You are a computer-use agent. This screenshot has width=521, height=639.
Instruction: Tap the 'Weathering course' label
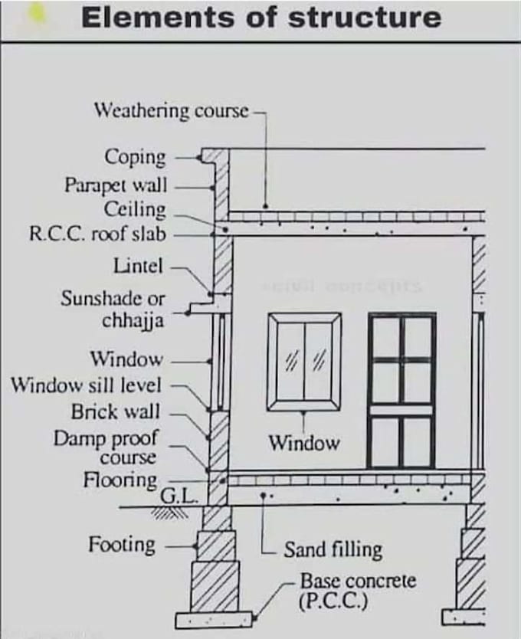point(171,110)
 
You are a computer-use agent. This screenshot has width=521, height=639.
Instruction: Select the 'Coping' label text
point(135,157)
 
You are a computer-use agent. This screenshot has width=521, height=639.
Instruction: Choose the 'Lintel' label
point(138,267)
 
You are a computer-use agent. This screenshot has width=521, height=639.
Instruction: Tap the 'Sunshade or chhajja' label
point(113,309)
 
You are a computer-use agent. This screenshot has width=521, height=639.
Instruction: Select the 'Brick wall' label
point(116,411)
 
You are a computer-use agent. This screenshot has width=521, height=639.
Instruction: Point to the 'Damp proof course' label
point(105,447)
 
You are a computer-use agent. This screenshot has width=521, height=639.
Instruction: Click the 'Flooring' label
point(120,480)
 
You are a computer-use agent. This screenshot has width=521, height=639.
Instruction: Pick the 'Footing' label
point(121,545)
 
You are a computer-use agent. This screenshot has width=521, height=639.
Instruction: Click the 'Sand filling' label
point(333,549)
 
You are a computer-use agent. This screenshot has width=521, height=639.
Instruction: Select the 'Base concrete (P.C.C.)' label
point(357,589)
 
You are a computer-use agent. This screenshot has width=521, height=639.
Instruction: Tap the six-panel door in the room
point(401,390)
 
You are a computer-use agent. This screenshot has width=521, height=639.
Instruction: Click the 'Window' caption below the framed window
point(303,443)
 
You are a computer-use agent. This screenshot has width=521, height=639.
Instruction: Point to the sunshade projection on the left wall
point(202,307)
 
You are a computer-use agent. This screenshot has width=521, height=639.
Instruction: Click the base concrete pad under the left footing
point(214,618)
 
